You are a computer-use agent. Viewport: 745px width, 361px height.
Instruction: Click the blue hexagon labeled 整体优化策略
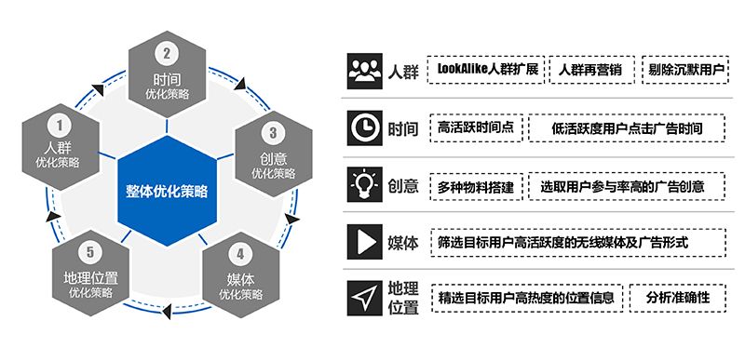coord(168,192)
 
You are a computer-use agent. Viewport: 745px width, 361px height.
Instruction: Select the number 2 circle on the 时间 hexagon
coord(167,54)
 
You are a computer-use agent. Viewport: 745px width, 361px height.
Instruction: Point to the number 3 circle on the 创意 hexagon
coord(274,132)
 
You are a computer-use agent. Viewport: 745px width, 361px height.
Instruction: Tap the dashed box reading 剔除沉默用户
coord(685,70)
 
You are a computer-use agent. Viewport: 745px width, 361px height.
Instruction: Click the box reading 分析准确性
coord(678,298)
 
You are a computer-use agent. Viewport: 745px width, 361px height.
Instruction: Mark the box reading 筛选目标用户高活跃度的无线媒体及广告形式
coord(575,242)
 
